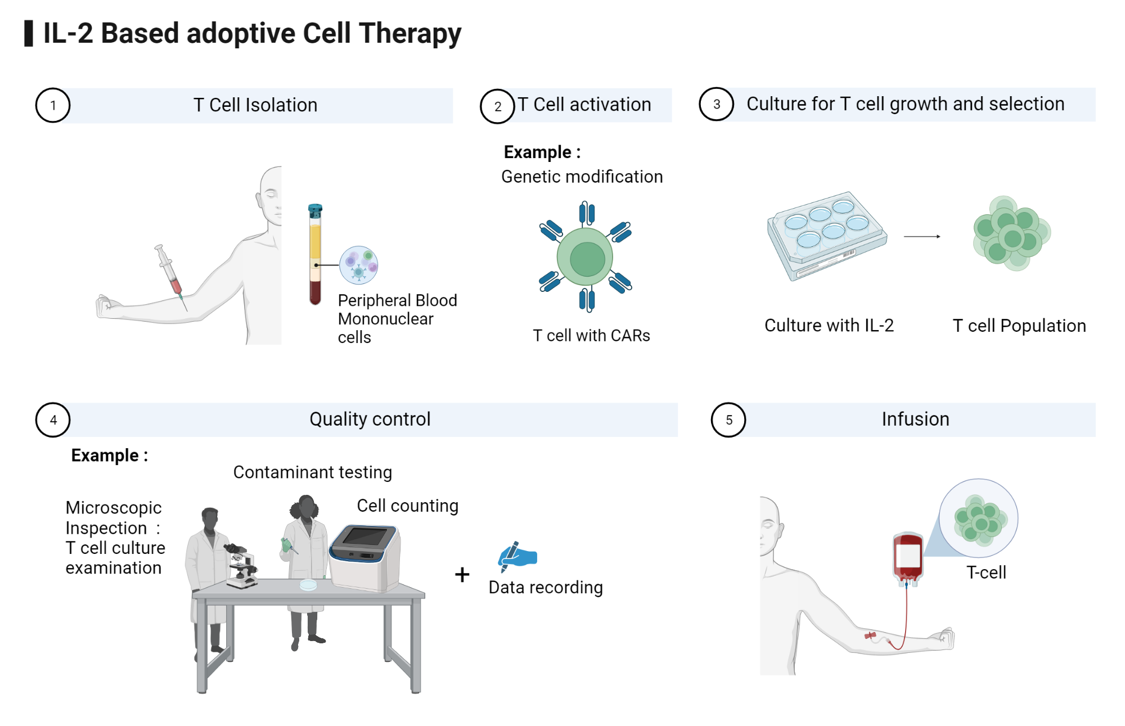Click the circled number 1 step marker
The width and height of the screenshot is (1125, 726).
coord(52,105)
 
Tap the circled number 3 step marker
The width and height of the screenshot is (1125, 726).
coord(716,104)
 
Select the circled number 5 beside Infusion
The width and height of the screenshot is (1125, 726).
coord(728,420)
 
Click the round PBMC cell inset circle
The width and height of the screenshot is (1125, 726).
coord(359,265)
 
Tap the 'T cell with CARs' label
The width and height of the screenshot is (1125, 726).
coord(591,336)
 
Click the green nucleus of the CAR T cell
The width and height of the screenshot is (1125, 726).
coord(587,259)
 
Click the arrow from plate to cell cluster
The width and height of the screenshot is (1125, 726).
coord(922,237)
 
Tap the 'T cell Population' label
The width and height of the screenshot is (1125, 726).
coord(1019,326)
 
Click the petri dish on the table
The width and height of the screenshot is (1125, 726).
coord(308,585)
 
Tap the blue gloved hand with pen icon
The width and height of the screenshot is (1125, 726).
coord(517,556)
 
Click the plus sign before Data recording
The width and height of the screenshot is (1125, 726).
coord(462,575)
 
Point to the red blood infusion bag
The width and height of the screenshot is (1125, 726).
coord(907,557)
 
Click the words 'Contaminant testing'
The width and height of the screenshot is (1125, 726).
coord(312,472)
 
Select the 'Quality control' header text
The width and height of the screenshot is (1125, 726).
coord(370,419)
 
